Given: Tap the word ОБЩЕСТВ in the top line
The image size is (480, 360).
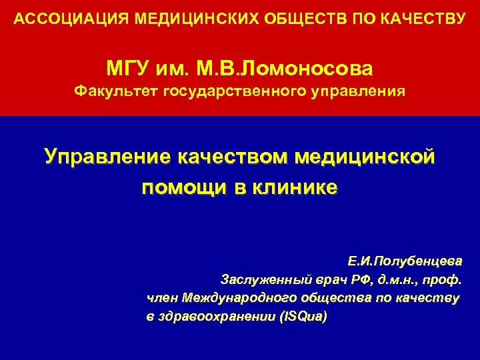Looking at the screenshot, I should point(271,17).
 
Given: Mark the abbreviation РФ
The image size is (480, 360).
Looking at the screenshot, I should point(359,279).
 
